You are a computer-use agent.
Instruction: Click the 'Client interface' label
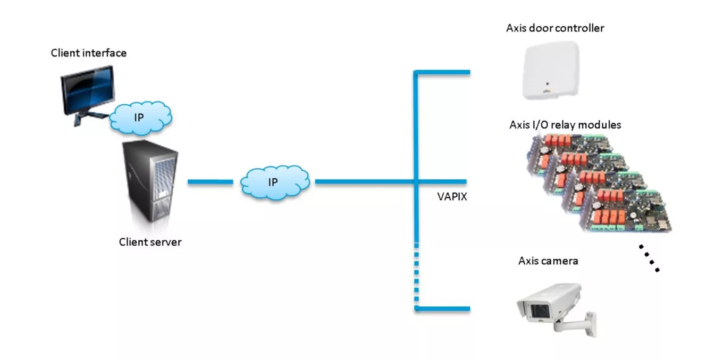(88, 53)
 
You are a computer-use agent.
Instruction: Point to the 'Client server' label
(150, 242)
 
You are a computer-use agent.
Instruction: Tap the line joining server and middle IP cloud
(210, 182)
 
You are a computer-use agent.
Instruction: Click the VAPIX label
(451, 197)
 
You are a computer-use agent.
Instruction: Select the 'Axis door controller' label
(554, 28)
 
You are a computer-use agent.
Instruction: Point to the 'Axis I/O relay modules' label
(565, 125)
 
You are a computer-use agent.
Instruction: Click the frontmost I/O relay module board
(627, 210)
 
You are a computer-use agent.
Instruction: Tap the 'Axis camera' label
(548, 261)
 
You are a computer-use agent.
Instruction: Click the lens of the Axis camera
(534, 310)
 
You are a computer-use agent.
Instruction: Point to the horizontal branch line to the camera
(444, 308)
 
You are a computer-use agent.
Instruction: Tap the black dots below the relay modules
(649, 258)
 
